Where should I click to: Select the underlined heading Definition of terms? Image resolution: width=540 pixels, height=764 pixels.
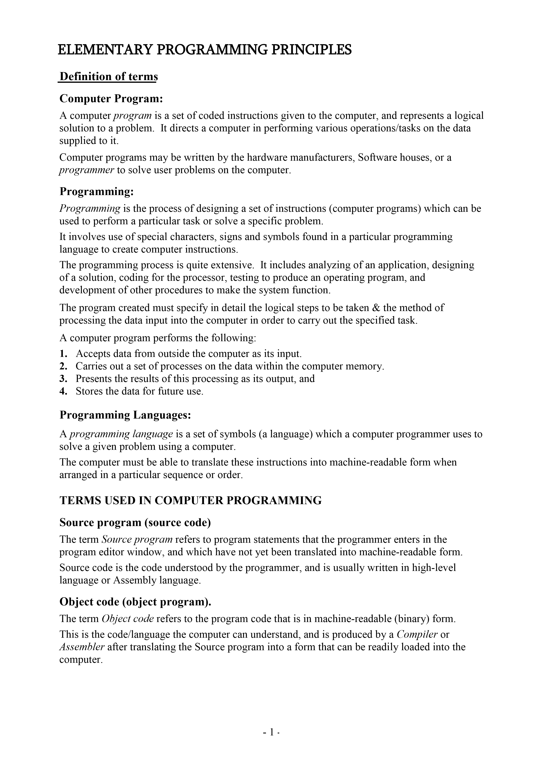108,77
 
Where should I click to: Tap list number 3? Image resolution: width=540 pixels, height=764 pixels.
64,379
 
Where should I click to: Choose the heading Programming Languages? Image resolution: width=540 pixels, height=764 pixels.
125,415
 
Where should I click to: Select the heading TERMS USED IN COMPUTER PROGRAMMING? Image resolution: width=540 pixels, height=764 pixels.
190,500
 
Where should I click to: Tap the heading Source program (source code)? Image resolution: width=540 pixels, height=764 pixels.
135,523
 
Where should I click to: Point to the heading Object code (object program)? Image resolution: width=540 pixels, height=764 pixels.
135,602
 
